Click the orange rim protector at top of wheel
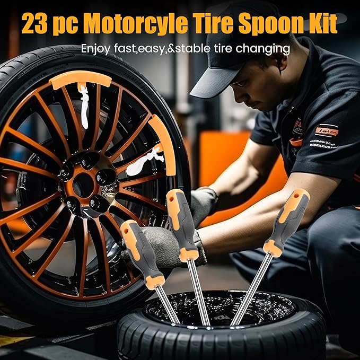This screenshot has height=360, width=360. pos(80,79)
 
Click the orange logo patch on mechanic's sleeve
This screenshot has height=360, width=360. pos(327,130)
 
